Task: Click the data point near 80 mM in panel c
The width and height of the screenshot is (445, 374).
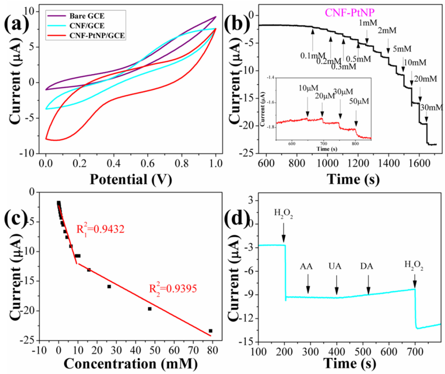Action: (x=210, y=331)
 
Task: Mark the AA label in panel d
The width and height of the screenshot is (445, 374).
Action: (x=308, y=277)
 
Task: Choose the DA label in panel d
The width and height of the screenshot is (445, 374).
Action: (x=368, y=277)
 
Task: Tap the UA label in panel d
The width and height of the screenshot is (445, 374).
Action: (x=337, y=277)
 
